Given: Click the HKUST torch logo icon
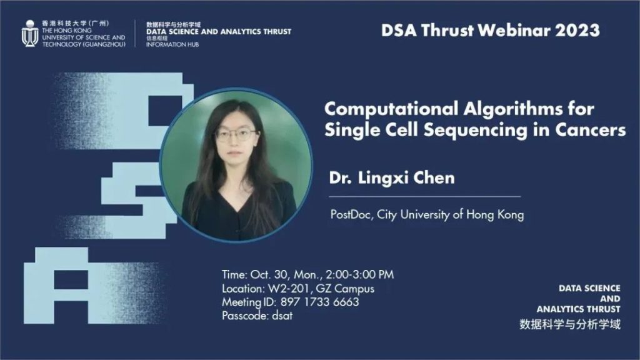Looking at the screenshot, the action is click(30, 33).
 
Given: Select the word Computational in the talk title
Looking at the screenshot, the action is click(391, 109).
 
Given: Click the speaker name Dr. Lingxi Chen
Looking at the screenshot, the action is click(392, 178).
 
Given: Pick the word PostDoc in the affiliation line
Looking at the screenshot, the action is click(351, 214).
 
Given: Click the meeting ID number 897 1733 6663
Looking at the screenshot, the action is click(319, 302).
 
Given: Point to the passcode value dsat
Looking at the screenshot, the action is click(282, 316).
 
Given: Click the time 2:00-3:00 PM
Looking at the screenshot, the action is click(359, 274).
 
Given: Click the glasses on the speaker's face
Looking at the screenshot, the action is click(236, 134).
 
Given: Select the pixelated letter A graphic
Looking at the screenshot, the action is click(56, 285).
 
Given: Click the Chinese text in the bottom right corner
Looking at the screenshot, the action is click(570, 324).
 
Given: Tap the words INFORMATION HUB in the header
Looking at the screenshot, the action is click(172, 44).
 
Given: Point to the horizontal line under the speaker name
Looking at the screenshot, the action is click(425, 197).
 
